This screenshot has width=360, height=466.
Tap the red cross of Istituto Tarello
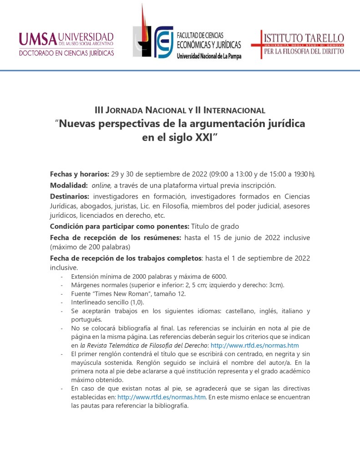261,44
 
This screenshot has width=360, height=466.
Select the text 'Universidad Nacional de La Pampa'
209,56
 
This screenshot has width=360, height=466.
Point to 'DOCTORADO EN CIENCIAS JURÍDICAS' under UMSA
66,53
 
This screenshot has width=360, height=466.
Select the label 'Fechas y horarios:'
79,174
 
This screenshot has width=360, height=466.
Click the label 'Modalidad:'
69,185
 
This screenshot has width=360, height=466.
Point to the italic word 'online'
101,185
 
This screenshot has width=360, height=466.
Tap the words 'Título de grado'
215,226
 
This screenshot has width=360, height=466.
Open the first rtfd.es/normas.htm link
254,346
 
